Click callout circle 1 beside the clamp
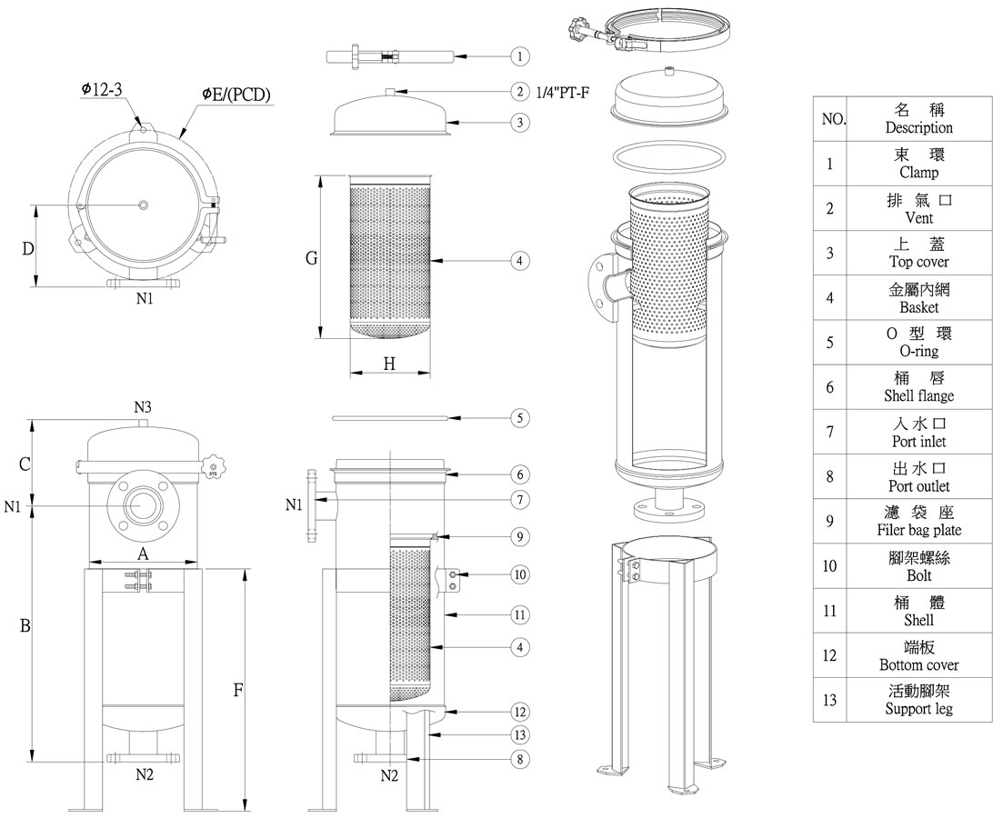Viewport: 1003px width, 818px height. coord(519,56)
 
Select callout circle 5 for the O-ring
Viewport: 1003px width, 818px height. coord(519,419)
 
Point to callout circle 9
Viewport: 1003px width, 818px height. coord(519,537)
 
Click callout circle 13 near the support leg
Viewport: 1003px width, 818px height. coord(519,734)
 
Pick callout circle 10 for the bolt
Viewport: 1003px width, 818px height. coord(519,574)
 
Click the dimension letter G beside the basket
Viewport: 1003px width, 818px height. coord(311,258)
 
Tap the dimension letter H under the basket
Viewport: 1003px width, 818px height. coord(389,364)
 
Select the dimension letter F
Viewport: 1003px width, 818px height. coord(237,690)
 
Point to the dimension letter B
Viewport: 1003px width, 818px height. coord(25,626)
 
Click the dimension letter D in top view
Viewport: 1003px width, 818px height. coord(28,248)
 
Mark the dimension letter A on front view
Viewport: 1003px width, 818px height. coord(142,554)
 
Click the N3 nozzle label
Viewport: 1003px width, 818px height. coord(142,409)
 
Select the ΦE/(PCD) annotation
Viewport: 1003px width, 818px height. coord(236,94)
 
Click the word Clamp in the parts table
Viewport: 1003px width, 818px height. coord(918,173)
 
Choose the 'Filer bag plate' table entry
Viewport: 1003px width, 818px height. coord(918,530)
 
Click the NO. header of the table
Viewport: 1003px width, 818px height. coord(832,119)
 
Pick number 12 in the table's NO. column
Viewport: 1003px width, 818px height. coord(829,655)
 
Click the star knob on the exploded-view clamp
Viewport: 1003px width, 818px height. coord(577,25)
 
